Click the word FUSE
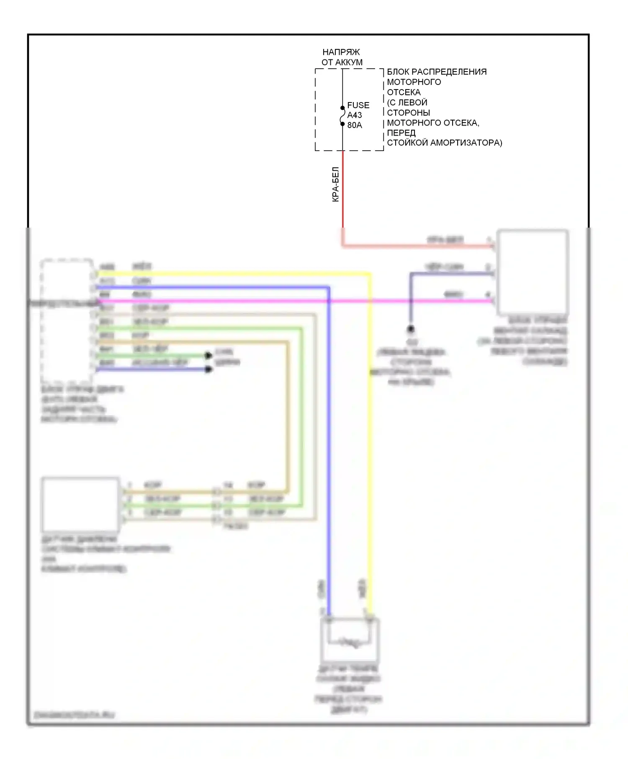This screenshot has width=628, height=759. point(358,105)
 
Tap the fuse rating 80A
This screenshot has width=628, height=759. point(354,125)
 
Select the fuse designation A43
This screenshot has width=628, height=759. point(354,115)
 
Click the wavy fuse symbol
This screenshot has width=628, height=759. point(342,116)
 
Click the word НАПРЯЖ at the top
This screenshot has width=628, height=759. point(341,52)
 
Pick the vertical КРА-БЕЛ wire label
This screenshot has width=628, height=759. point(335,185)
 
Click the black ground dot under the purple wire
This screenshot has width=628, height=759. point(411,329)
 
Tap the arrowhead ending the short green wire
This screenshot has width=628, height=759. point(208,356)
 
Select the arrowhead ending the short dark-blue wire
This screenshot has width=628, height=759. point(208,369)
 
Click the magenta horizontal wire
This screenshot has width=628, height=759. point(251,301)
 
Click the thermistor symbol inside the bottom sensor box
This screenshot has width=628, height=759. point(349,642)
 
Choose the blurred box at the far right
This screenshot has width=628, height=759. point(532,272)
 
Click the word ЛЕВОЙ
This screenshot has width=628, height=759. point(412,103)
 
